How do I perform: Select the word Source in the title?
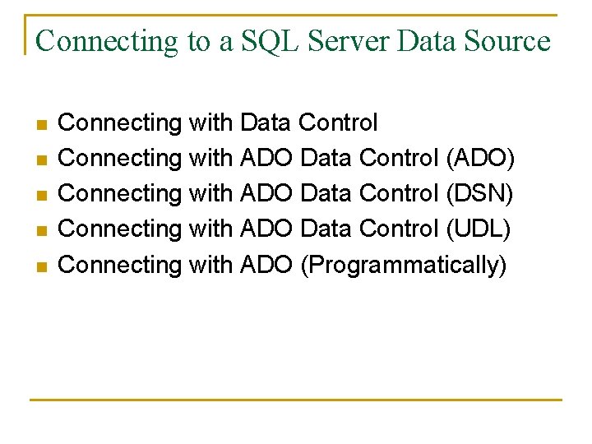(x=504, y=40)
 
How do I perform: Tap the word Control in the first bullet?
(x=338, y=123)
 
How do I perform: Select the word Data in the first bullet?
(x=265, y=123)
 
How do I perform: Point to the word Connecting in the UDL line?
(x=121, y=229)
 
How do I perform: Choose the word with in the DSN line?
(x=210, y=193)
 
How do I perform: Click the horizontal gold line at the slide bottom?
(x=296, y=400)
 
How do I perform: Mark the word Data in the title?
(x=424, y=40)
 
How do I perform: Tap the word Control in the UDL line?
(x=399, y=229)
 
